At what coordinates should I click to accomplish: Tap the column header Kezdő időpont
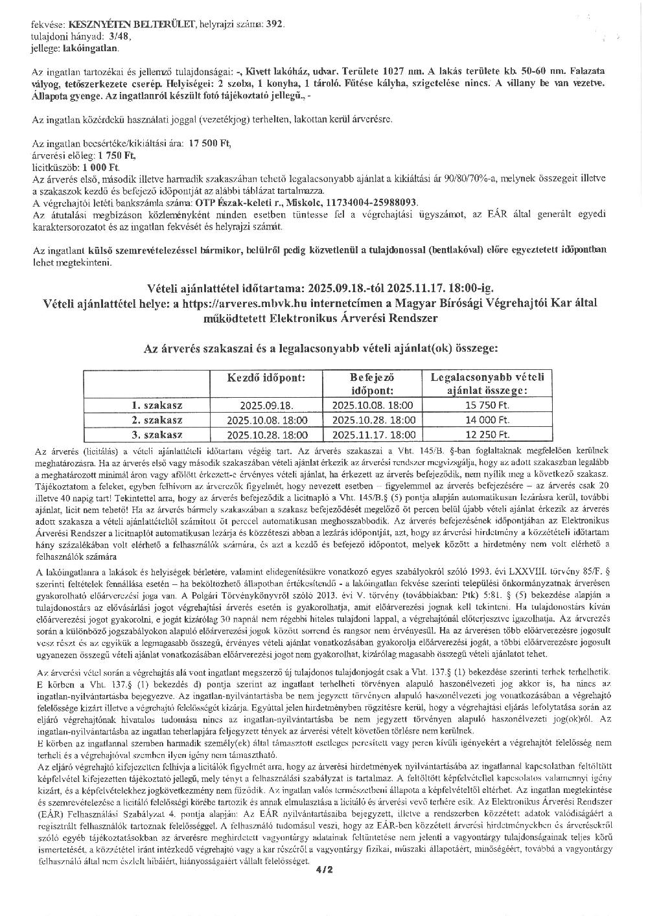click(x=266, y=378)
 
